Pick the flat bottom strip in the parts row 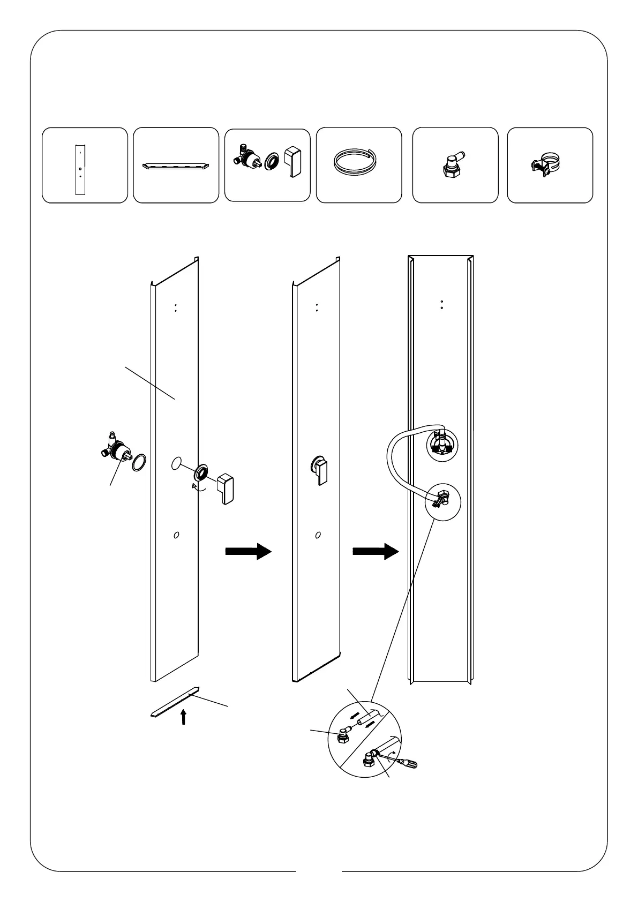[176, 166]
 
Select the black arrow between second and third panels [376, 551]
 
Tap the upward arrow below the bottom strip [184, 717]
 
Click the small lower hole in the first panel [177, 535]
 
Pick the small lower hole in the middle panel [318, 535]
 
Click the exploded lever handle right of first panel [225, 487]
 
